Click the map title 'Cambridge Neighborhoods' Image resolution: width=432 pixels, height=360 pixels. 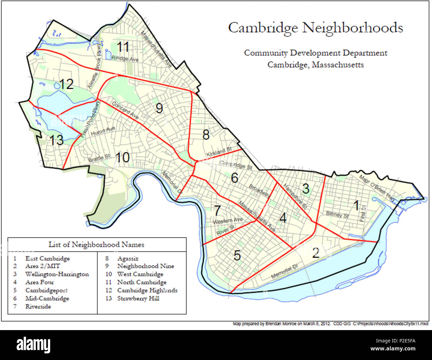click(315, 28)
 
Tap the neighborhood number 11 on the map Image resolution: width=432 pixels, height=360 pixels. click(123, 47)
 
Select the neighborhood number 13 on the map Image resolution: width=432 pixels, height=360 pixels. click(56, 140)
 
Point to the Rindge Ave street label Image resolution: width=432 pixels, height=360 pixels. click(125, 59)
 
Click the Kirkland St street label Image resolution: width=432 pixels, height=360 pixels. click(219, 152)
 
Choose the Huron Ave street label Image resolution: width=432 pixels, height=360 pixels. click(103, 131)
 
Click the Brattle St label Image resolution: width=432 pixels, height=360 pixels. click(99, 159)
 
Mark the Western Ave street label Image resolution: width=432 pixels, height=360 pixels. click(228, 221)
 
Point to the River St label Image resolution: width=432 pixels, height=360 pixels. click(226, 230)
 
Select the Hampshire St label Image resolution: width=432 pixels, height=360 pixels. click(295, 196)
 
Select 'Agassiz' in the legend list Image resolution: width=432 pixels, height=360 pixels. click(128, 259)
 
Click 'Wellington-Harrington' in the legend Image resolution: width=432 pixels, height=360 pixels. click(57, 275)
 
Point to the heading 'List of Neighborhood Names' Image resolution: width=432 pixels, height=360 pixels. click(96, 245)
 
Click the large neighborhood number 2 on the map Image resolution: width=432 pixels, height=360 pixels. click(315, 253)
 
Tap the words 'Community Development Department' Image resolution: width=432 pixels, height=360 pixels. click(315, 53)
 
